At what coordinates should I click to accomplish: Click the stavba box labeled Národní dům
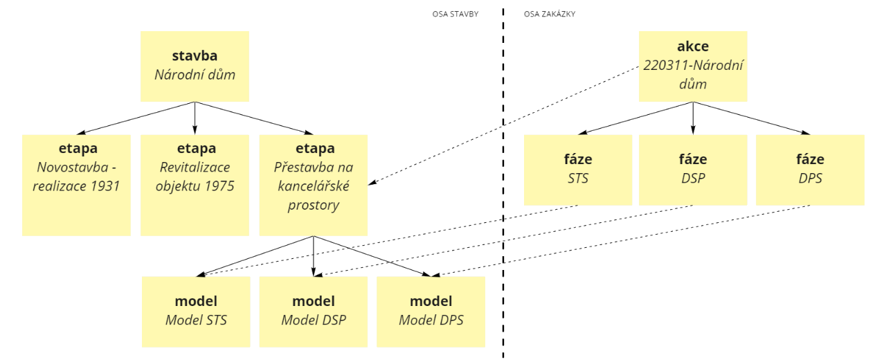click(195, 66)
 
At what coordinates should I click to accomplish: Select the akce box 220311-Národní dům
click(692, 66)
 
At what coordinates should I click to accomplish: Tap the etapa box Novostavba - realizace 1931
click(76, 185)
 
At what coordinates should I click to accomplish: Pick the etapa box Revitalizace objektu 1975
click(195, 185)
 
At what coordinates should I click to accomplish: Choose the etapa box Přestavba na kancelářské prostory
click(314, 185)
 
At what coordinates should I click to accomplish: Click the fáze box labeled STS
click(578, 170)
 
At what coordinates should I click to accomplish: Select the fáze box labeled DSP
click(693, 170)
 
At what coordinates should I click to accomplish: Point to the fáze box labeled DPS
click(810, 170)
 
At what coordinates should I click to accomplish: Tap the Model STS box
click(196, 311)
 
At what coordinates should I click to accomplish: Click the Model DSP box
click(314, 311)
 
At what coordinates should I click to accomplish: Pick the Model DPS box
click(431, 311)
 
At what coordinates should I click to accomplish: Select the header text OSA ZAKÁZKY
click(550, 14)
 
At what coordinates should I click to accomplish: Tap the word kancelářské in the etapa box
click(314, 186)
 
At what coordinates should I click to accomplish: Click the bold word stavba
click(195, 55)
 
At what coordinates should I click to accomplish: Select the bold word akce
click(692, 47)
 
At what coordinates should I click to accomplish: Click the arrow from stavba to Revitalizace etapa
click(195, 118)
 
